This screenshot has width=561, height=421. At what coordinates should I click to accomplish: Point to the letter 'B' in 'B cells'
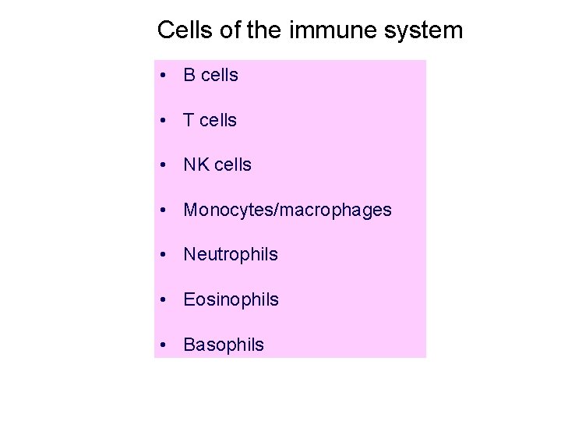pyautogui.click(x=189, y=76)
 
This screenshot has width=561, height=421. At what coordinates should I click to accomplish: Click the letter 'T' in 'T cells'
pyautogui.click(x=189, y=121)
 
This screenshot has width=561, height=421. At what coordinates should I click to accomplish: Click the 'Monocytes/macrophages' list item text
pyautogui.click(x=287, y=210)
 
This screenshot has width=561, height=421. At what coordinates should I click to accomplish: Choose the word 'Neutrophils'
pyautogui.click(x=230, y=255)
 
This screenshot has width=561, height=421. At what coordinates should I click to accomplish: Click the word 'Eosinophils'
pyautogui.click(x=231, y=300)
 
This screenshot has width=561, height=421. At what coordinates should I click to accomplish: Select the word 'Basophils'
pyautogui.click(x=224, y=345)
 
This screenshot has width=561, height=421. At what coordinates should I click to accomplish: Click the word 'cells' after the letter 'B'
pyautogui.click(x=219, y=76)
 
